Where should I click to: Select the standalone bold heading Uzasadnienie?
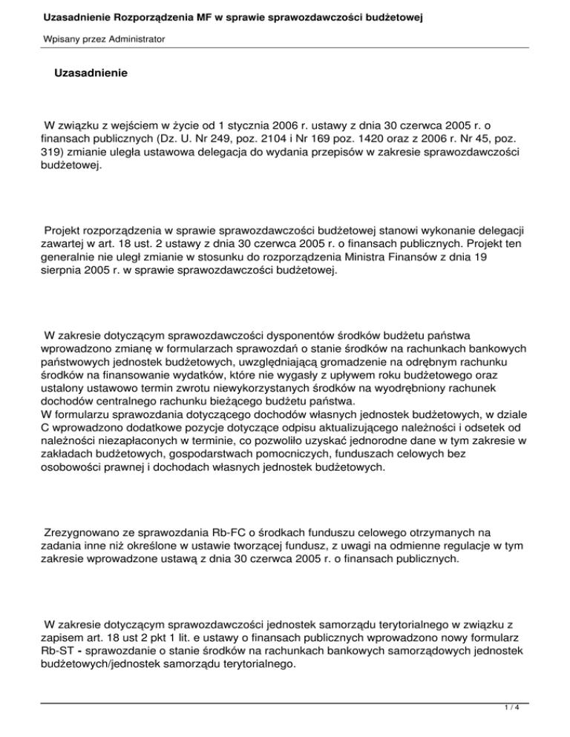pos(91,74)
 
